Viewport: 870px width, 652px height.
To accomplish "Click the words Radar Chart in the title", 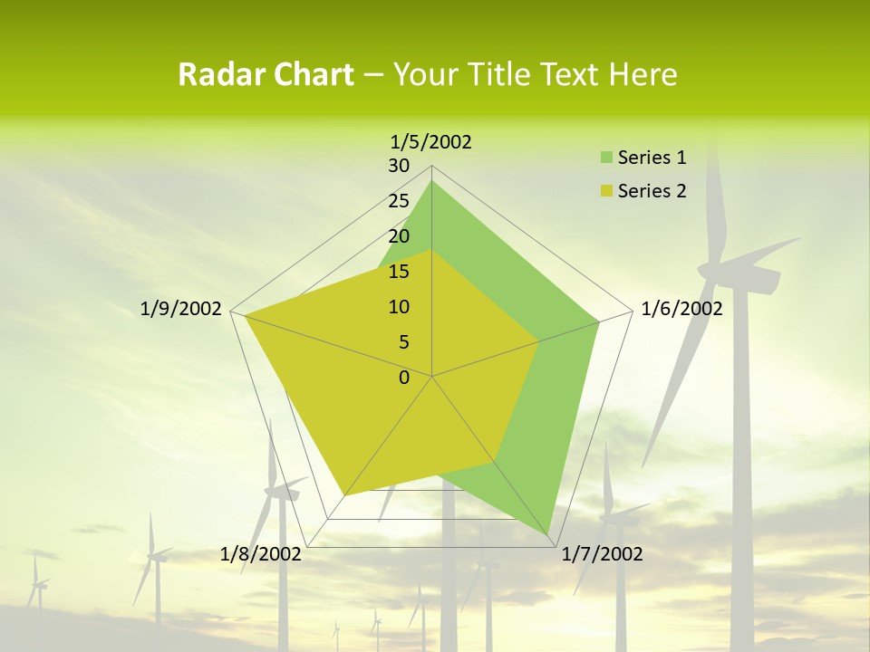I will click(266, 75).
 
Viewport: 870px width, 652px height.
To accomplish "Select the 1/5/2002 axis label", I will click(431, 142).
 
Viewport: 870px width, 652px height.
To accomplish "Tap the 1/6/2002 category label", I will click(681, 309).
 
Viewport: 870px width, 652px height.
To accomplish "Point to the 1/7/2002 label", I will click(602, 554).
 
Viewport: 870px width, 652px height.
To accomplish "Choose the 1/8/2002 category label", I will click(261, 554).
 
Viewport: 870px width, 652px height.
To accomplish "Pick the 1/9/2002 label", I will click(181, 309).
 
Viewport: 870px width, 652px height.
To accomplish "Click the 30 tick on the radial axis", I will click(399, 166).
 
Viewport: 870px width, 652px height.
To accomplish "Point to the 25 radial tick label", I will click(399, 201).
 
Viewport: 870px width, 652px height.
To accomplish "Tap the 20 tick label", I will click(399, 236).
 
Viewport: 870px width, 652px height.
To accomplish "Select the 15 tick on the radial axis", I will click(399, 272).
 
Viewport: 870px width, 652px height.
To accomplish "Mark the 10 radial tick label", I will click(399, 307).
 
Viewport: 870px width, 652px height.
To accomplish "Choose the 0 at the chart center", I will click(404, 378).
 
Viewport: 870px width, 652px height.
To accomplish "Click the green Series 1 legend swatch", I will click(606, 158).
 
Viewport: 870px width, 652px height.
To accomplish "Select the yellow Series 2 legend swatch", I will click(606, 192).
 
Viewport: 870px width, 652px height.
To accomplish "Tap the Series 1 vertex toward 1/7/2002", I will click(549, 537).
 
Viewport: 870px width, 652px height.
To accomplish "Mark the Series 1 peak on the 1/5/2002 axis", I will click(431, 181).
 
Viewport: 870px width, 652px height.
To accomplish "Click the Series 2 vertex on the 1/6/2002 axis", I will click(538, 341).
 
